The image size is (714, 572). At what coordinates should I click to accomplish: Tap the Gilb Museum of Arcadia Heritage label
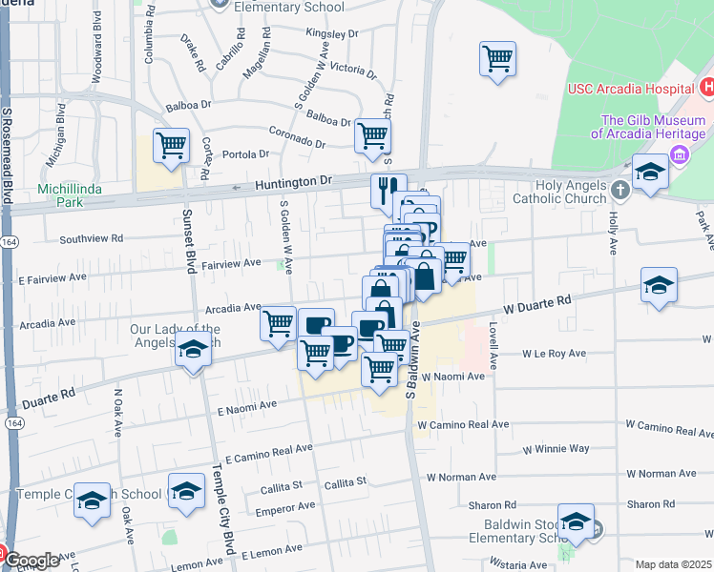pyautogui.click(x=645, y=127)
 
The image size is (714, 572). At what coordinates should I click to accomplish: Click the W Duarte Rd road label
pyautogui.click(x=537, y=305)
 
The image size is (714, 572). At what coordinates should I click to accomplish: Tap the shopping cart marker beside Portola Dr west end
pyautogui.click(x=171, y=147)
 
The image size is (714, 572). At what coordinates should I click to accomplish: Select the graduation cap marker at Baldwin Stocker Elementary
pyautogui.click(x=577, y=521)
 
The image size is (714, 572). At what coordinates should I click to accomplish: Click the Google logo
pyautogui.click(x=31, y=562)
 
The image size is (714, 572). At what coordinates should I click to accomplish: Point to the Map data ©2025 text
pyautogui.click(x=673, y=564)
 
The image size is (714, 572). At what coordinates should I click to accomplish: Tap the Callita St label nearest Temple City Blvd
pyautogui.click(x=282, y=490)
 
